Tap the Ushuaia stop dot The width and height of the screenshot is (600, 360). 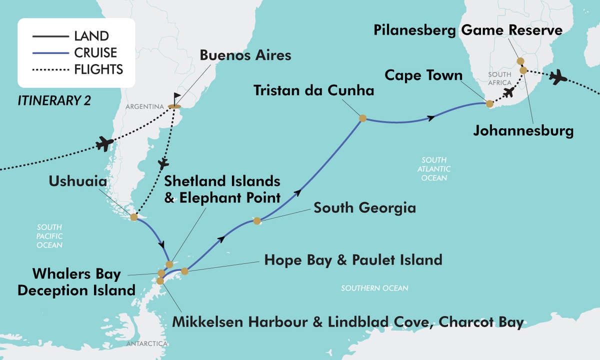pos(134,217)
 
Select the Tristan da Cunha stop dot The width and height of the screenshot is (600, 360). pos(362,118)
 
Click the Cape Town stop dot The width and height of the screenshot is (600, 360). pos(489,104)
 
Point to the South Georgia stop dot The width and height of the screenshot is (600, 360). pos(257,220)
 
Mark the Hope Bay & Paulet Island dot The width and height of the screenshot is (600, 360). pos(184,271)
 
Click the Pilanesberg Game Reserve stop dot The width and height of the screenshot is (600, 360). pos(520,61)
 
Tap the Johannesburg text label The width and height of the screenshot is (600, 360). pos(523,132)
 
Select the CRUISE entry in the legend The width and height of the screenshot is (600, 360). pos(95,52)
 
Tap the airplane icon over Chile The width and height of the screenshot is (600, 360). pos(104,143)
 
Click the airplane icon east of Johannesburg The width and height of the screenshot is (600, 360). pos(558,77)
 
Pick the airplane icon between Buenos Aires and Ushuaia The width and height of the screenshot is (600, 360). pos(163,163)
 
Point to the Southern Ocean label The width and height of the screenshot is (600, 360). pos(374,288)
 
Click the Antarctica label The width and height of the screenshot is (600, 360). pos(146,343)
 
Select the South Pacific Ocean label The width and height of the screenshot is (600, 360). pos(49,236)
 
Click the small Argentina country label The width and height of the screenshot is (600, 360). pos(145,107)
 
